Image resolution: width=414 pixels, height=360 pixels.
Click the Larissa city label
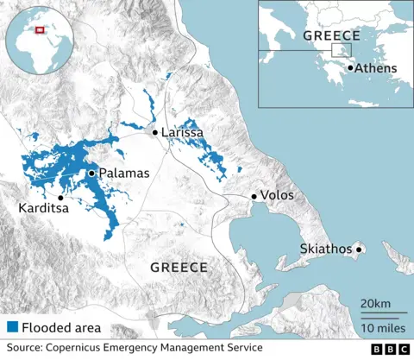[183, 133]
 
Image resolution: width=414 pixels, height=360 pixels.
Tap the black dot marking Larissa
[155, 132]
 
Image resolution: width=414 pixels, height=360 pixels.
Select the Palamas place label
[124, 174]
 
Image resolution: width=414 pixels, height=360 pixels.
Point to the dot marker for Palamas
[91, 174]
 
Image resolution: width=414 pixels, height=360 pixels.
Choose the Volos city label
[277, 196]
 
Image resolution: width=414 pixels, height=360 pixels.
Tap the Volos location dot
[254, 196]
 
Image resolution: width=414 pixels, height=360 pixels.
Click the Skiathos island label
[326, 249]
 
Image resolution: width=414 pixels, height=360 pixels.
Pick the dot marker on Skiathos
[360, 249]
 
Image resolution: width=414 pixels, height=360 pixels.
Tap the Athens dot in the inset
[350, 67]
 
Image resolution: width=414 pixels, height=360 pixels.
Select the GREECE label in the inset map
[331, 35]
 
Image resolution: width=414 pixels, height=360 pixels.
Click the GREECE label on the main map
[179, 268]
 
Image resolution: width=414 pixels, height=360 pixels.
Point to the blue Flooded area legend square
[12, 327]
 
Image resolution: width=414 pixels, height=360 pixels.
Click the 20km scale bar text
[375, 306]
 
